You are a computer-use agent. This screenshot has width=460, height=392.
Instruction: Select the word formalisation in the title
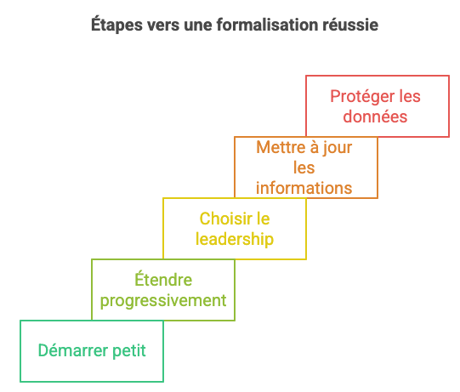click(x=267, y=25)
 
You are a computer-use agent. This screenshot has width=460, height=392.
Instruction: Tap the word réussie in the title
click(x=350, y=25)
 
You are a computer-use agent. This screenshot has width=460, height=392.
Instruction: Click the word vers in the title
click(x=163, y=26)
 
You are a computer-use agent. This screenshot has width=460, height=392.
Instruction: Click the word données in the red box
click(x=375, y=116)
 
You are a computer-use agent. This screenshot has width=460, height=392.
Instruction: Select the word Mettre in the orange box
click(x=281, y=147)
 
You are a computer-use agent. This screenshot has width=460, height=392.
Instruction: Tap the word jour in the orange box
click(x=338, y=148)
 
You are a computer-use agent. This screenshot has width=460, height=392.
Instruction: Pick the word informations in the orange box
click(x=304, y=188)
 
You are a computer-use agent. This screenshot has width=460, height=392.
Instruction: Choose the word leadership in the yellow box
click(x=235, y=240)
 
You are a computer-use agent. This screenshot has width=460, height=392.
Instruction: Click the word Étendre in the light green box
click(x=163, y=279)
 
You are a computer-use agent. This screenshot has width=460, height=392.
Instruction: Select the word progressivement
click(x=163, y=301)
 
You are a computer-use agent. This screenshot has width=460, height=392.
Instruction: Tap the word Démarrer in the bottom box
click(x=73, y=350)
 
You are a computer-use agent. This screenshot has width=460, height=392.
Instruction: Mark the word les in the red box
click(x=410, y=97)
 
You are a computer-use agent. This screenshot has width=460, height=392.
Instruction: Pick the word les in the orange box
click(x=304, y=168)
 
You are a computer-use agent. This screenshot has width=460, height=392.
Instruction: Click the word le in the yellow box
click(x=263, y=219)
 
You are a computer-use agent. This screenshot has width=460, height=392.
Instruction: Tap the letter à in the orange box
click(x=315, y=147)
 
